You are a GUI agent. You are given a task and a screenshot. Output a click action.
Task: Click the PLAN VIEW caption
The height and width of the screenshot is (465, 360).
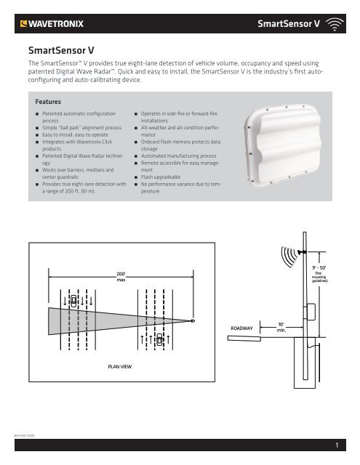coord(120,368)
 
